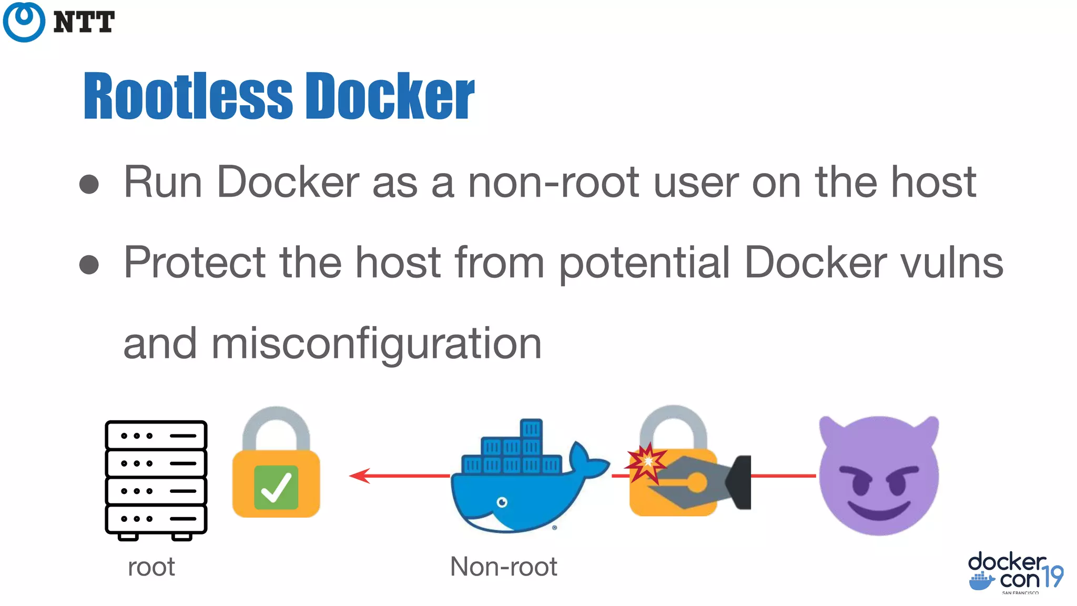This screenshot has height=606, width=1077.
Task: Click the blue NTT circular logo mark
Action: (x=24, y=22)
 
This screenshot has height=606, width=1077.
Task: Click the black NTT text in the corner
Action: (x=84, y=23)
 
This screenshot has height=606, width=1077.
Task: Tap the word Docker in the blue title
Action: (x=390, y=96)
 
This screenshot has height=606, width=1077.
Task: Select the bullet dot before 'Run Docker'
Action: (x=89, y=184)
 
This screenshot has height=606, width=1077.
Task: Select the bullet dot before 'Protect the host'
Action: (x=89, y=265)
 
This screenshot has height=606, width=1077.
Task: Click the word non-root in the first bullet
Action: (x=554, y=183)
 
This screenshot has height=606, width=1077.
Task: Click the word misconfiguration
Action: (x=376, y=344)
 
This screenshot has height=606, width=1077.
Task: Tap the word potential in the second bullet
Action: (x=644, y=262)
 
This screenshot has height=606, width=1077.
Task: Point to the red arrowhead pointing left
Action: (x=360, y=476)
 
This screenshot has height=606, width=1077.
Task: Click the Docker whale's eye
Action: (x=502, y=502)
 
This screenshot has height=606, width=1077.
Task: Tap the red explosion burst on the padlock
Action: (x=646, y=462)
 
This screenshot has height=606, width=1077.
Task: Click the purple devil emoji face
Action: (x=879, y=476)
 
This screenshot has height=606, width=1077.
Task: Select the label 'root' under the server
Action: (x=151, y=567)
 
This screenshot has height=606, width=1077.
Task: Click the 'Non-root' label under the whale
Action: (x=503, y=567)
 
